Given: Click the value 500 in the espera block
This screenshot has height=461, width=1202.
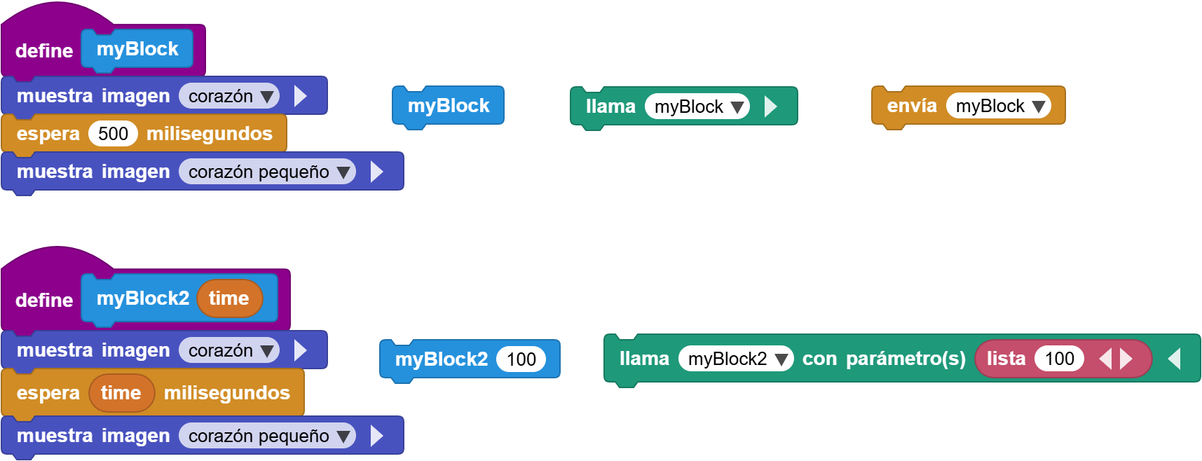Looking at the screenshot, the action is (x=113, y=134).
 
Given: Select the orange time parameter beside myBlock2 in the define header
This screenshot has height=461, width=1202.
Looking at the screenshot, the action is (x=229, y=298).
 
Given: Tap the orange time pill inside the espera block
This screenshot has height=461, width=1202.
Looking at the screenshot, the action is (x=121, y=393).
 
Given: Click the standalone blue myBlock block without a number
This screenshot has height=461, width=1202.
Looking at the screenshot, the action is (x=449, y=106).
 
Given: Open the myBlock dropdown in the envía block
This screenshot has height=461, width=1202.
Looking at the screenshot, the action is (x=999, y=106).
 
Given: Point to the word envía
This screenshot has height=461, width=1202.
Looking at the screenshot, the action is (x=912, y=106).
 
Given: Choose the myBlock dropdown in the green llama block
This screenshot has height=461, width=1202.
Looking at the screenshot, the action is (x=697, y=106).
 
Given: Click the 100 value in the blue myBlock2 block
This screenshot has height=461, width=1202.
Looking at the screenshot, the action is (x=521, y=359).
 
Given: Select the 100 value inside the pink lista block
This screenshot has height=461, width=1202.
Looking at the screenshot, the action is (x=1059, y=359).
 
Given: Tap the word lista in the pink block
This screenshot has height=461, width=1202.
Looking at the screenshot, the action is (x=1006, y=359).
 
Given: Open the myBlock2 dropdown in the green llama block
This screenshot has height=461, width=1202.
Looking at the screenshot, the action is (x=736, y=359).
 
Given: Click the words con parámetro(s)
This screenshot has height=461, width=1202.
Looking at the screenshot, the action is (x=884, y=359).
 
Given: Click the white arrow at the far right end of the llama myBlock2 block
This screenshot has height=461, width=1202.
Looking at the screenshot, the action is (x=1175, y=359).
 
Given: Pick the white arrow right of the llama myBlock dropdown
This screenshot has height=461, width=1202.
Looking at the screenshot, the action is (x=770, y=106).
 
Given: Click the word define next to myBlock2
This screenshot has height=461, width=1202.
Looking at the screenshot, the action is (x=44, y=300).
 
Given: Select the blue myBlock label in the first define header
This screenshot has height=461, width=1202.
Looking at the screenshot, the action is (x=137, y=49).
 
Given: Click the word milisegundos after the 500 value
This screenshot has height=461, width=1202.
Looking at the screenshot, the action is (x=210, y=134).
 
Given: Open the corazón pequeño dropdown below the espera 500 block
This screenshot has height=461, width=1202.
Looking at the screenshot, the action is (x=267, y=172).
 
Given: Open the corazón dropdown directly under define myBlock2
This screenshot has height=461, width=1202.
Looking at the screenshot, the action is (x=229, y=350).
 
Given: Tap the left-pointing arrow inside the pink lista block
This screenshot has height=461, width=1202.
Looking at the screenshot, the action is (x=1105, y=359).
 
